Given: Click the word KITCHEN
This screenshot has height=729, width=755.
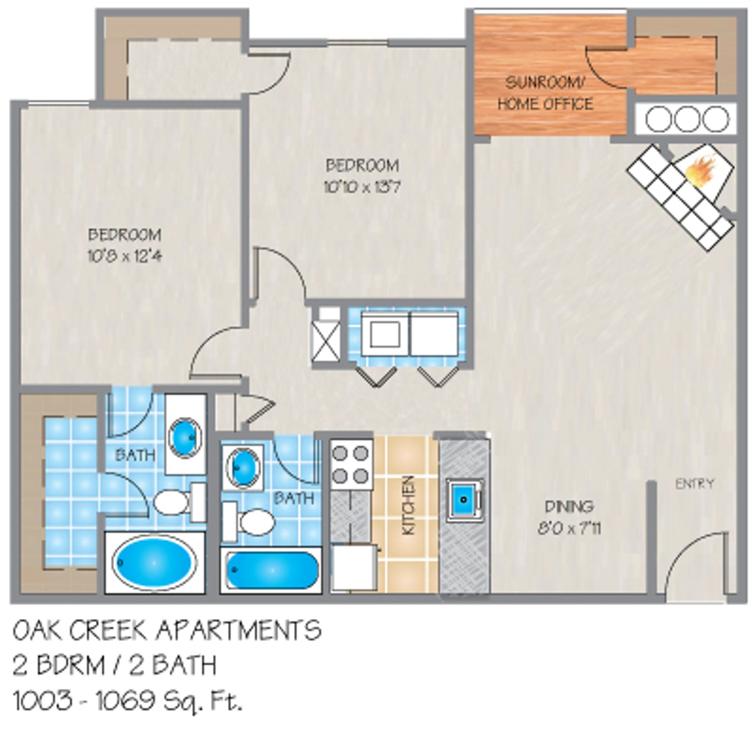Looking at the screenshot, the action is (409, 505).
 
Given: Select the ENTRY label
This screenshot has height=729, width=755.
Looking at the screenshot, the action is (695, 484).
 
